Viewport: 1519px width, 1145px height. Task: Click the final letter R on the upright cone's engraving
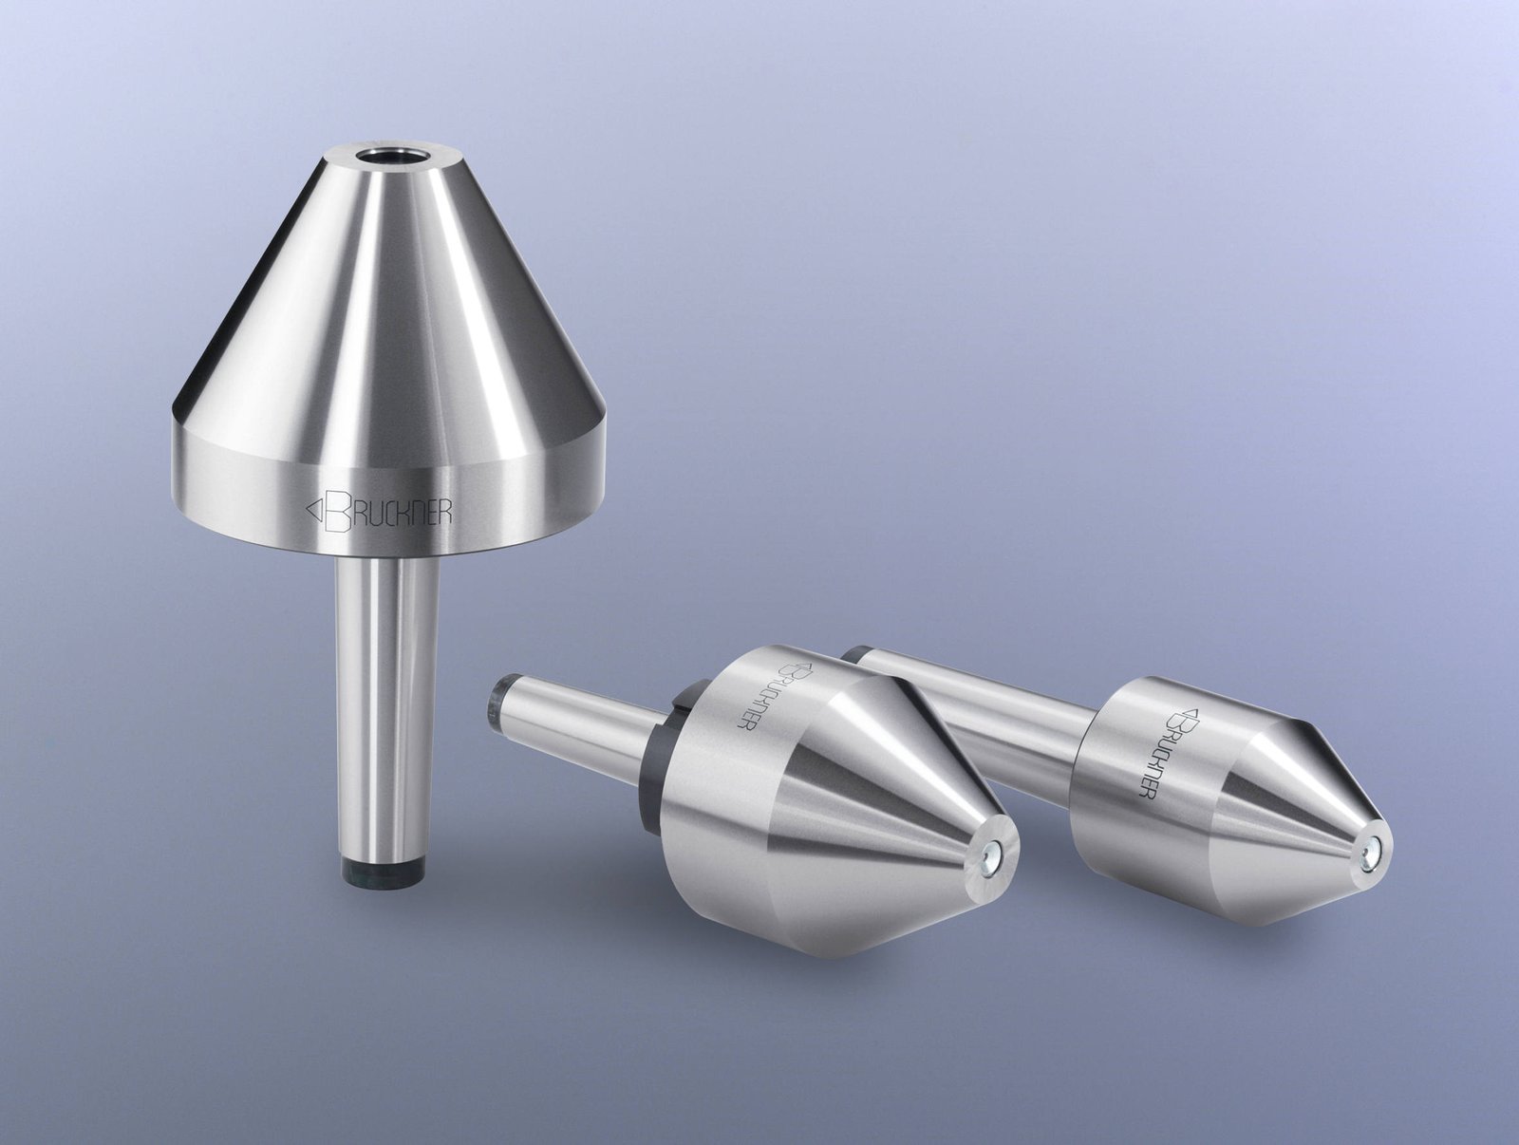click(x=443, y=510)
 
